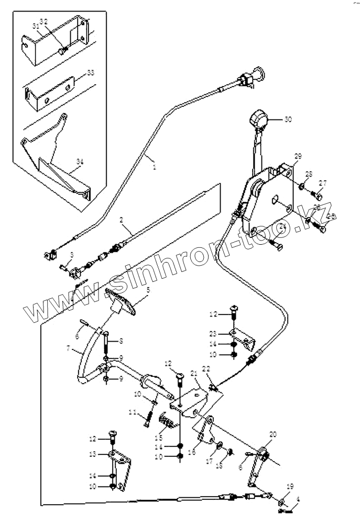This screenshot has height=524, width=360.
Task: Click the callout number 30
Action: pos(288,119)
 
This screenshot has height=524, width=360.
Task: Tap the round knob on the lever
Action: pos(259,119)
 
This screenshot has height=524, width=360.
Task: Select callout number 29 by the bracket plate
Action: pos(298,157)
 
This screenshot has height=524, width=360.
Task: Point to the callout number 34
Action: pos(80,163)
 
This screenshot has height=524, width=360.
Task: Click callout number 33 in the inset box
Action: pos(90,72)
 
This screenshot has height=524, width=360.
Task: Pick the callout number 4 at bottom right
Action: pos(299,499)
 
